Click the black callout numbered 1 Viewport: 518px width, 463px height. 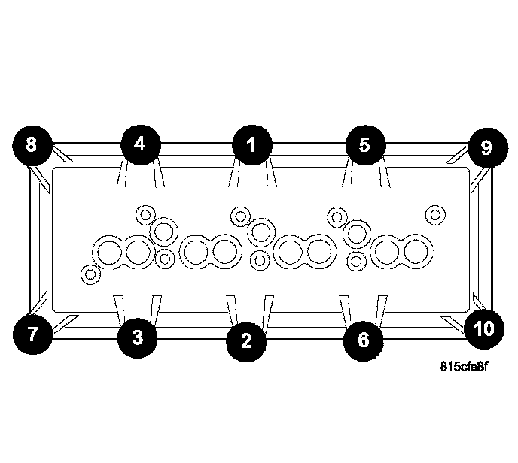pyautogui.click(x=251, y=144)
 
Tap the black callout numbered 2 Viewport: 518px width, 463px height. pyautogui.click(x=246, y=340)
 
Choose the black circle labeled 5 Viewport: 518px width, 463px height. pyautogui.click(x=365, y=144)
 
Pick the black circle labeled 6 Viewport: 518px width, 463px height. pyautogui.click(x=363, y=340)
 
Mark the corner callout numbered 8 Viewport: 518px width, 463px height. pyautogui.click(x=31, y=144)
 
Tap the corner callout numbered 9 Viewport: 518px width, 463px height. pyautogui.click(x=486, y=147)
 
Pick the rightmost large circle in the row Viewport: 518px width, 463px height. pyautogui.click(x=418, y=250)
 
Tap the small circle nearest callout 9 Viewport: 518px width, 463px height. pyautogui.click(x=434, y=214)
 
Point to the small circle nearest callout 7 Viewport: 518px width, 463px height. pyautogui.click(x=90, y=274)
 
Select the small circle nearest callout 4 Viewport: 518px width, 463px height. pyautogui.click(x=145, y=214)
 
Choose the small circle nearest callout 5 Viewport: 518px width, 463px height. pyautogui.click(x=337, y=217)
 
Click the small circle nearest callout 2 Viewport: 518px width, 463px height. pyautogui.click(x=259, y=261)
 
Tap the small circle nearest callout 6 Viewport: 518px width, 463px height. pyautogui.click(x=358, y=261)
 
